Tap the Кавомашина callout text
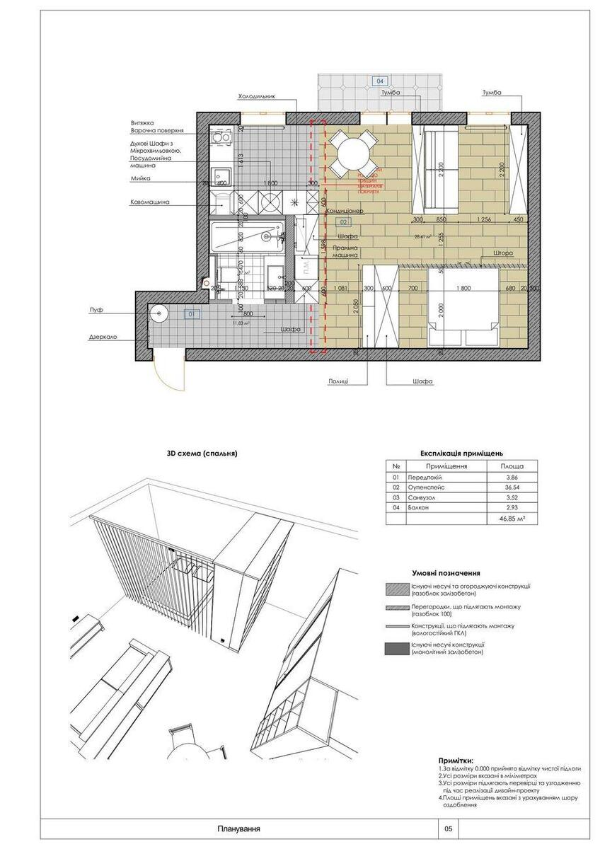tap(149, 202)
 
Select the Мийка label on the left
tap(140, 179)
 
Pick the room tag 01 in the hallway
tap(190, 313)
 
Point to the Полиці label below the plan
tap(338, 381)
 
